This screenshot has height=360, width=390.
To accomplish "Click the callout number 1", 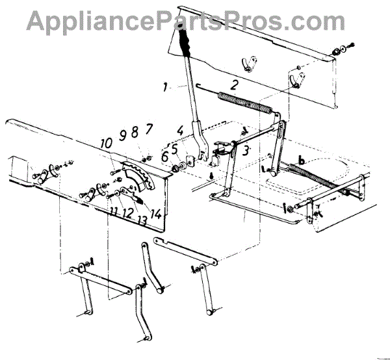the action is (x=166, y=86).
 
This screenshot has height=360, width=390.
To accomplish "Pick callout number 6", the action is (x=164, y=157).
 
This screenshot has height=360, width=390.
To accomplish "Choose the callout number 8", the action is (x=135, y=133).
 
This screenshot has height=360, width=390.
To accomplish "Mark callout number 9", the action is (x=122, y=137).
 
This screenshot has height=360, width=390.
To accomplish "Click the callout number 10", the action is (x=105, y=143).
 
